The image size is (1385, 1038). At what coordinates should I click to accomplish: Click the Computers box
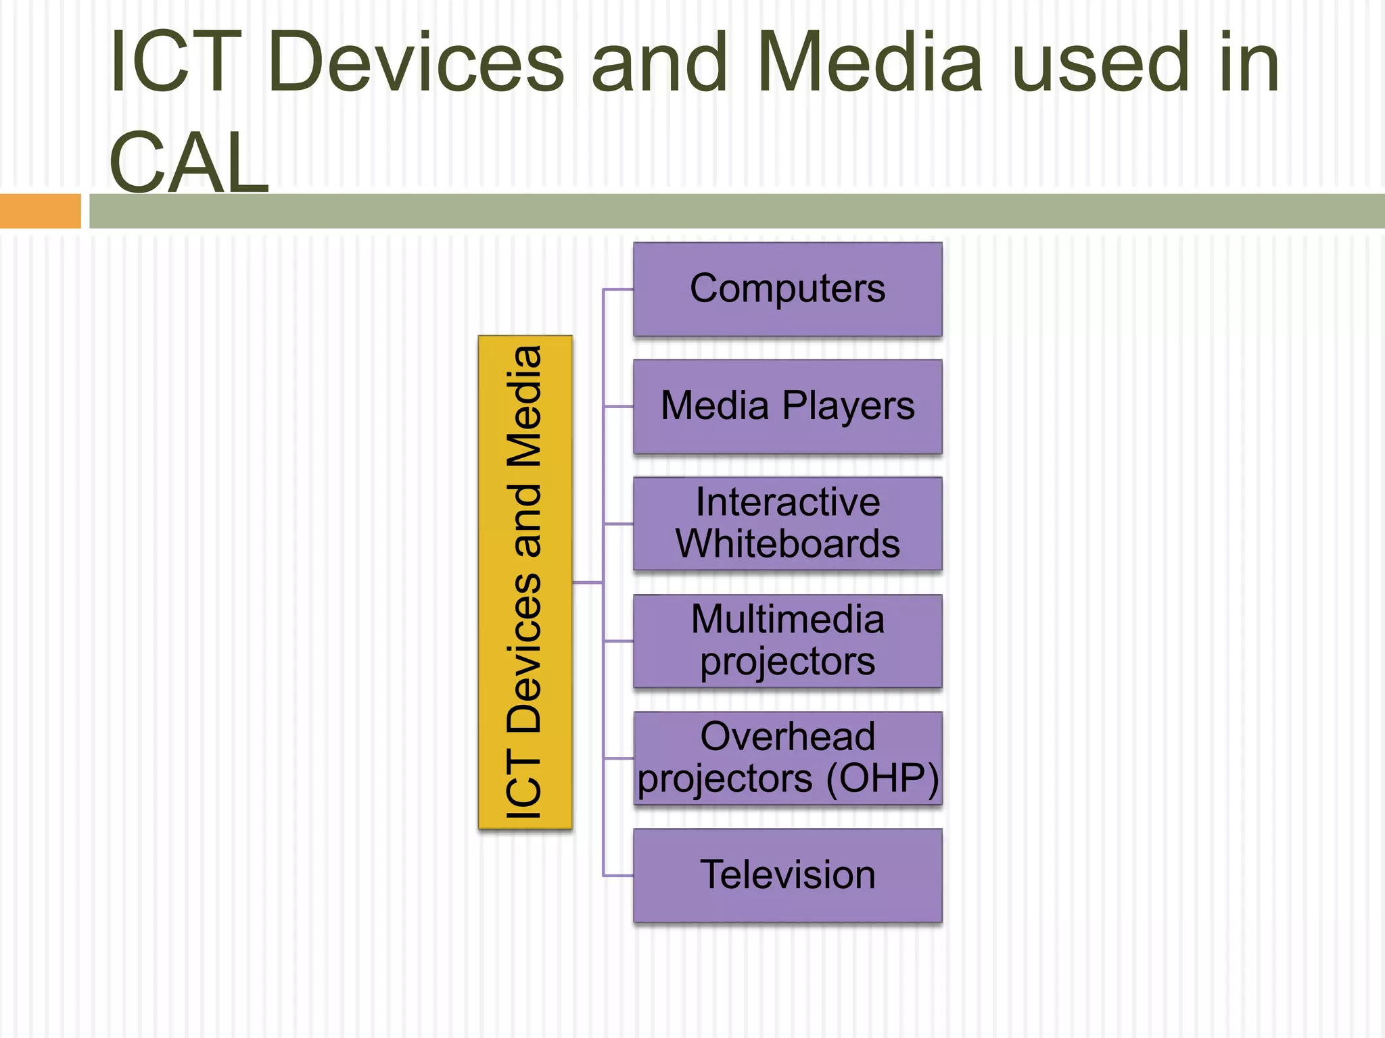coord(787,289)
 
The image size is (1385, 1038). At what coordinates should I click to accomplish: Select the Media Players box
coord(787,406)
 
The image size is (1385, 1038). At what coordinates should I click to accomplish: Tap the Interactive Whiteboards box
coord(787,523)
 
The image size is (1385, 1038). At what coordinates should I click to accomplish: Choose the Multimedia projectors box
coord(787,641)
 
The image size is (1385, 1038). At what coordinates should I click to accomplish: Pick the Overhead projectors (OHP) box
coord(787,758)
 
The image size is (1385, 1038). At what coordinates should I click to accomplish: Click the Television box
coord(787,875)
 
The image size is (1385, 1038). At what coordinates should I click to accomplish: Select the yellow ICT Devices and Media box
coord(525,582)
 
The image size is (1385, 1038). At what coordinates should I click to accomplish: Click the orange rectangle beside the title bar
coord(40,211)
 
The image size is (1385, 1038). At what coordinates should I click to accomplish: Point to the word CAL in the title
coord(189,163)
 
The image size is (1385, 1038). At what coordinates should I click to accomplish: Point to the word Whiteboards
coord(787,544)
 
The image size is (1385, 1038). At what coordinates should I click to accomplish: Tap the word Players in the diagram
coord(848,406)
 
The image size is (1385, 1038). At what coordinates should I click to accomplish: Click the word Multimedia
coord(787,619)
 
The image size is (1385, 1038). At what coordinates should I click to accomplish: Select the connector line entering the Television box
coord(618,876)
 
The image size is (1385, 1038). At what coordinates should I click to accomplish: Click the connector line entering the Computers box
coord(618,289)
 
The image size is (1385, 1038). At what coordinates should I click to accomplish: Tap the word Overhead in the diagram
coord(787,737)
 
